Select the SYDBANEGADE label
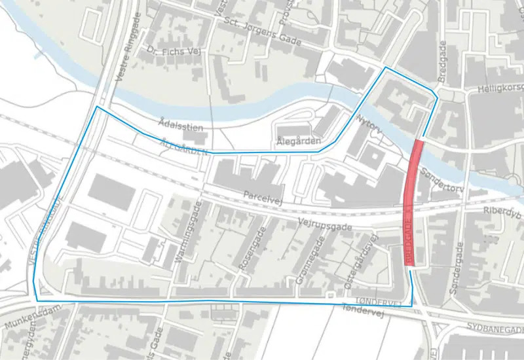coord(496,327)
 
